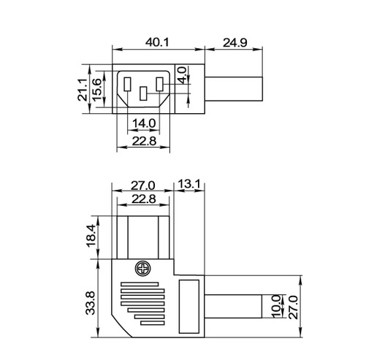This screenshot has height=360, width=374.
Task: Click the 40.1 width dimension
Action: (157, 42)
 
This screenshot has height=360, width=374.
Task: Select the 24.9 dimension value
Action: (234, 42)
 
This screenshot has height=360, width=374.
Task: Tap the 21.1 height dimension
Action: (83, 90)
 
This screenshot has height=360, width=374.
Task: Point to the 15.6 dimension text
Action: (96, 90)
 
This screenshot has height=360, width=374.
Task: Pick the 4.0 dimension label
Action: (182, 74)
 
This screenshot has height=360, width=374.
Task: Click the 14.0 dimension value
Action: (143, 123)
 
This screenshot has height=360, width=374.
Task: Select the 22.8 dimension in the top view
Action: (143, 141)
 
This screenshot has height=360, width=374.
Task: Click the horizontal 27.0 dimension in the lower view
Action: (142, 185)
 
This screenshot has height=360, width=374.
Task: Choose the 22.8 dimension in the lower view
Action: (142, 199)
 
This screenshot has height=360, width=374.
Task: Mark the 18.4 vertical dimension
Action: (91, 235)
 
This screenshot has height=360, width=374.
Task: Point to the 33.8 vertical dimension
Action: (91, 301)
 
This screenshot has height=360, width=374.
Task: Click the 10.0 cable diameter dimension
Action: (275, 305)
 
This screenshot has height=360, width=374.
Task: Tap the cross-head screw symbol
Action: (142, 269)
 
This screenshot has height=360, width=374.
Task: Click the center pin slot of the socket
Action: (143, 93)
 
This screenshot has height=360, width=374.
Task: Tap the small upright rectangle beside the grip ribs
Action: (188, 304)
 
